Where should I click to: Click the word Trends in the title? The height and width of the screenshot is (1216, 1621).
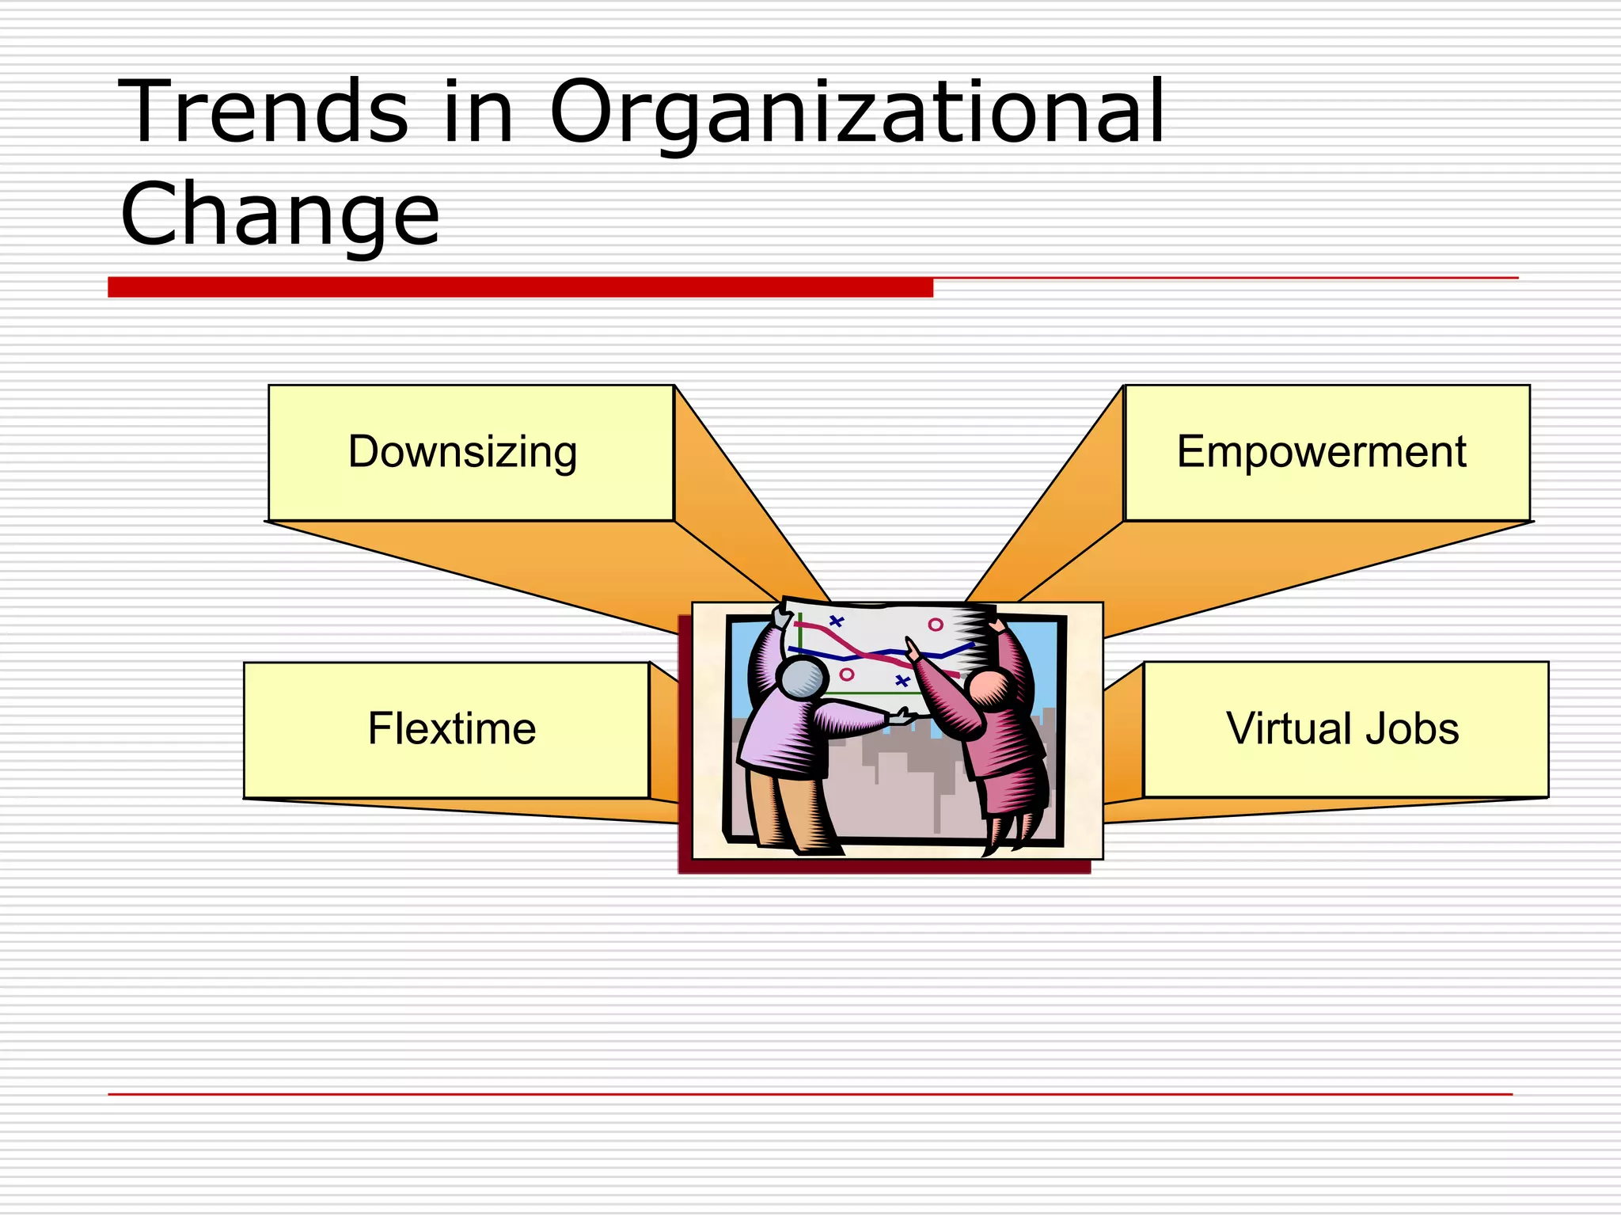tap(264, 112)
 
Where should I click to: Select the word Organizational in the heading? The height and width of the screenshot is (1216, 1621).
tap(856, 112)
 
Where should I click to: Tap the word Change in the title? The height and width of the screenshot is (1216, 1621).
tap(279, 214)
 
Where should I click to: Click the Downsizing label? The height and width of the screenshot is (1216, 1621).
tap(463, 452)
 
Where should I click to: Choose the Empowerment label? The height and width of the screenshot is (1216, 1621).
tap(1321, 452)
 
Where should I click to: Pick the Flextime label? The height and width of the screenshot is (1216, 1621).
tap(452, 728)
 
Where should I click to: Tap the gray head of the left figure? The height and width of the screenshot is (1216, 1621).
tap(803, 678)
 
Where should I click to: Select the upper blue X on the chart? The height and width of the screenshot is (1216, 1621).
tap(837, 621)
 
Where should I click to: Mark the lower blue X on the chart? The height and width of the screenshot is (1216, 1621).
tap(902, 681)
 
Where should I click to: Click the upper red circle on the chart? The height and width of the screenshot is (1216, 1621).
tap(936, 625)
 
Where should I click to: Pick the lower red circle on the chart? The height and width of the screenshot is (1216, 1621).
tap(847, 674)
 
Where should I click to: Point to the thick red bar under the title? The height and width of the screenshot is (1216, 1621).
tap(520, 287)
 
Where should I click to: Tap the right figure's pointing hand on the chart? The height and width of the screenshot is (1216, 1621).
tap(913, 652)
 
